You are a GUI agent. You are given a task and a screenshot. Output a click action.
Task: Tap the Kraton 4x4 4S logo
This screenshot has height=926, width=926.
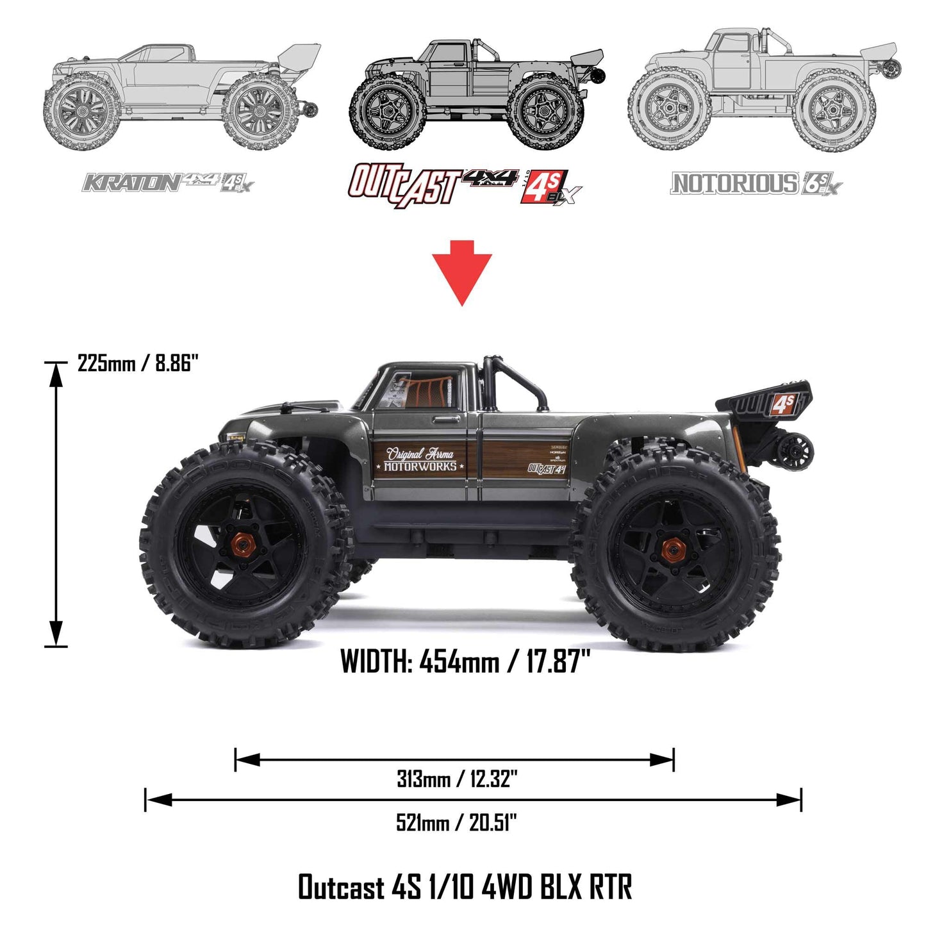tap(168, 183)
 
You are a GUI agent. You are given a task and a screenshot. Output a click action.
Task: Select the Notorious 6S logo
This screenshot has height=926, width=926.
tap(756, 184)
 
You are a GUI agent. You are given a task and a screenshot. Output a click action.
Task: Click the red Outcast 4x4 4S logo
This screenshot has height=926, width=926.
tap(465, 185)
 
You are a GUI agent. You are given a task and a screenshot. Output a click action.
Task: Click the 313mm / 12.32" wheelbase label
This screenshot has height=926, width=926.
tap(456, 779)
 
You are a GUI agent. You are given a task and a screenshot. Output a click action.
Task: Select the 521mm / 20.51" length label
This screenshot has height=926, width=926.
tap(456, 822)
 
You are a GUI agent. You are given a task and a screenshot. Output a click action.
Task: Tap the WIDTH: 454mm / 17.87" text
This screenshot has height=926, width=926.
tap(465, 661)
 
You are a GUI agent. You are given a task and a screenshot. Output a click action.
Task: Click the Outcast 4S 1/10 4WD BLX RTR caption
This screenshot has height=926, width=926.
tap(465, 887)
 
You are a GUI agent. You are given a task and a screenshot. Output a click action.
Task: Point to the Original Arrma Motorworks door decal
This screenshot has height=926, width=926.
tap(420, 459)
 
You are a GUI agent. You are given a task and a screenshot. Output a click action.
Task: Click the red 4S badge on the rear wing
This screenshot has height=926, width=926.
tap(783, 404)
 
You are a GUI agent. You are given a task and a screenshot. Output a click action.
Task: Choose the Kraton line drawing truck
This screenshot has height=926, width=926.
tap(179, 96)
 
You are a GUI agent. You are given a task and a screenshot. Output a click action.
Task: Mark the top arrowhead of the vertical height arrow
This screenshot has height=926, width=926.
tap(56, 375)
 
